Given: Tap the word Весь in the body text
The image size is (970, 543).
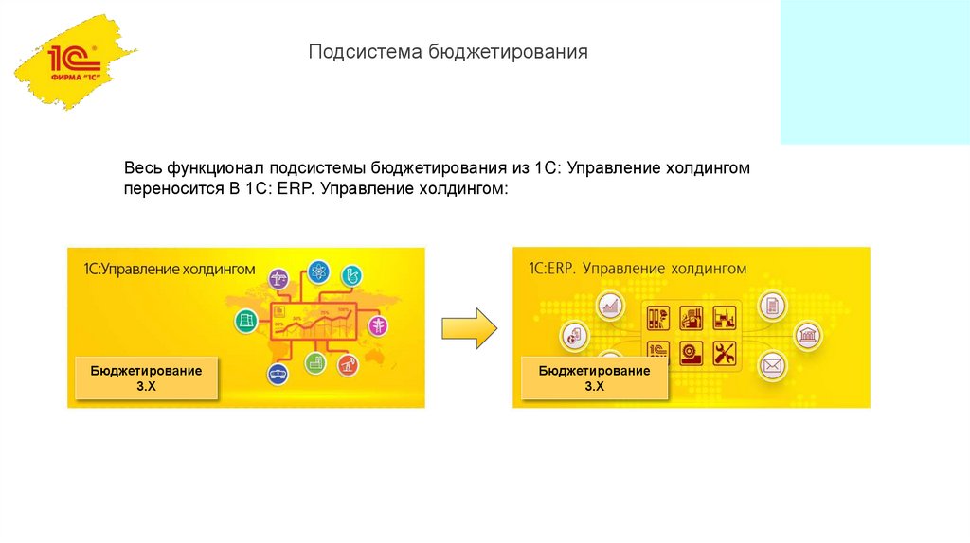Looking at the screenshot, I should click(x=143, y=168).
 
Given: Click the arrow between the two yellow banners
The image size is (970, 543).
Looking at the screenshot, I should click(x=470, y=327).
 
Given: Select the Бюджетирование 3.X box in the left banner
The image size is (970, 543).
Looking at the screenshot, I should click(x=146, y=378).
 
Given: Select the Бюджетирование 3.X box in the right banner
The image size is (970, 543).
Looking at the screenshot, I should click(x=594, y=378).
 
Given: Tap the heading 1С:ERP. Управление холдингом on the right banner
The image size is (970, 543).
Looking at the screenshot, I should click(x=638, y=269).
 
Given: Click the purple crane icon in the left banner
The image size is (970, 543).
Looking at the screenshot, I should click(x=279, y=280).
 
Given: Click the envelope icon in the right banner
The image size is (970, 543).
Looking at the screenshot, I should click(x=773, y=364).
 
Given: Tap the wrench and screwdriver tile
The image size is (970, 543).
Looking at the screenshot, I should click(x=727, y=353).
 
